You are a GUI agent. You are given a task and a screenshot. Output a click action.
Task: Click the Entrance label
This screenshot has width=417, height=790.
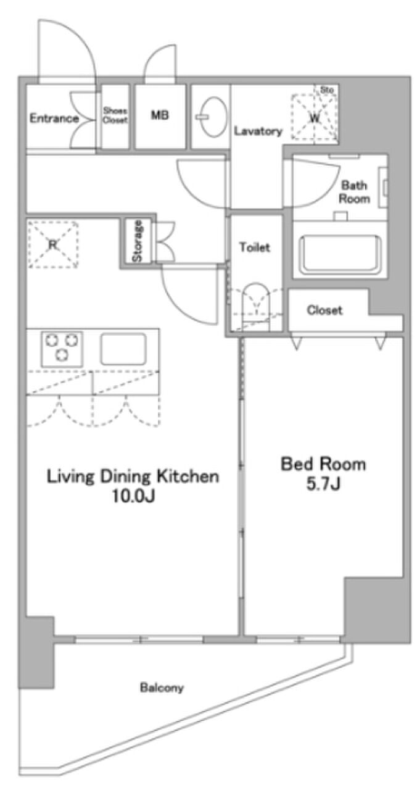[54, 118]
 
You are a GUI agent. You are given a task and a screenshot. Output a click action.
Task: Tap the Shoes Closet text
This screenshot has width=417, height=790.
[115, 115]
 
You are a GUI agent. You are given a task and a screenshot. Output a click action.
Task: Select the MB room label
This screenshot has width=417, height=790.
[160, 115]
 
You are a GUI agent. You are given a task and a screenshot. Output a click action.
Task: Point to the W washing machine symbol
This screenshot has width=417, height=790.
[315, 117]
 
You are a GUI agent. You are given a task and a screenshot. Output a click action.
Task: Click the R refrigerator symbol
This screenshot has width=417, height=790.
[53, 244]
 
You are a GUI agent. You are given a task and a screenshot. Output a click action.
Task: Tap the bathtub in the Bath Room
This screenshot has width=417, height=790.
[340, 255]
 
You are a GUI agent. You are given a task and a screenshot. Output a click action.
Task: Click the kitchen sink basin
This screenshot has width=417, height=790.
[123, 349]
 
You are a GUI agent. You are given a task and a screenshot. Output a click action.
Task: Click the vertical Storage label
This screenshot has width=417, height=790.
[138, 241]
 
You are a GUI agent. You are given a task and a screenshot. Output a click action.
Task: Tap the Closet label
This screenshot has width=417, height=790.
[324, 310]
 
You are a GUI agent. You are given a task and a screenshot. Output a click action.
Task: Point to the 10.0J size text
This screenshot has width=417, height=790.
[133, 497]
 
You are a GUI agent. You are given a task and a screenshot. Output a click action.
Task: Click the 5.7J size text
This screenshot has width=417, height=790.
[323, 484]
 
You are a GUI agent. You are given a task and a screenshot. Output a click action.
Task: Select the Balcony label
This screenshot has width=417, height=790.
[162, 688]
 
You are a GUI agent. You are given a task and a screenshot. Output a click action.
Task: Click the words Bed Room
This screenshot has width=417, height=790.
[323, 464]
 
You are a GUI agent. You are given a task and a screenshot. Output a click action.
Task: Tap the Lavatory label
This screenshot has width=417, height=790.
[258, 131]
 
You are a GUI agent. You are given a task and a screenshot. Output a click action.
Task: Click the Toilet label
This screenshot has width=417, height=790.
[255, 247]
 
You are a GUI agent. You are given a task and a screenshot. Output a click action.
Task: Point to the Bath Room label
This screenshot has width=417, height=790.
[354, 192]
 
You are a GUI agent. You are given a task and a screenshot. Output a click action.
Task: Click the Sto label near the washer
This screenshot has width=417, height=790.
[327, 90]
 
